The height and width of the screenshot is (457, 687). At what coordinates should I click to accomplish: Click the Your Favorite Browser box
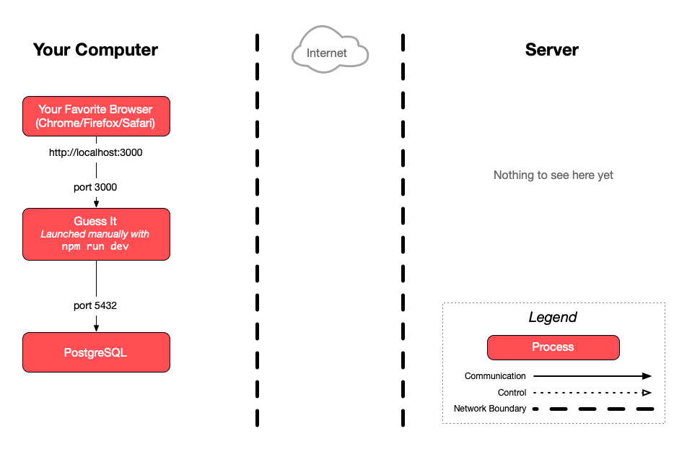tap(97, 116)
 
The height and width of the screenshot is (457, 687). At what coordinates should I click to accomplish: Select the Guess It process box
tap(97, 234)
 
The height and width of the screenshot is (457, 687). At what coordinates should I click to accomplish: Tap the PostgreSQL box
tap(97, 352)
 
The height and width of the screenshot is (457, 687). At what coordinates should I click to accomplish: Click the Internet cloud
tap(330, 50)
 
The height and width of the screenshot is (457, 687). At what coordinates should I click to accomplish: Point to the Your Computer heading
tap(95, 50)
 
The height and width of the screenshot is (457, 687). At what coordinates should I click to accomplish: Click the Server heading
tap(551, 50)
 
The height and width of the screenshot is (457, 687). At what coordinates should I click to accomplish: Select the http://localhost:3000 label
tap(95, 152)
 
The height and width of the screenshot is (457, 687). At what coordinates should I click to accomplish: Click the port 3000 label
tap(95, 187)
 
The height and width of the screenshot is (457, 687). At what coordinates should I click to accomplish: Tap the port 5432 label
tap(95, 305)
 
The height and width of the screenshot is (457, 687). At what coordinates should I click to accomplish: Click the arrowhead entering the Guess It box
tap(97, 204)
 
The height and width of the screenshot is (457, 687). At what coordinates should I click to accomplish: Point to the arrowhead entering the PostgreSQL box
tap(97, 328)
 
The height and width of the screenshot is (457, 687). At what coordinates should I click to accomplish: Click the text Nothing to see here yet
tap(553, 175)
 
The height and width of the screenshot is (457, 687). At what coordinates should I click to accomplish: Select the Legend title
tap(553, 317)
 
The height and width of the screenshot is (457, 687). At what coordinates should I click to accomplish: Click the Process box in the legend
tap(553, 347)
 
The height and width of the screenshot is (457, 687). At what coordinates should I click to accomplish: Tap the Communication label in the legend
tap(495, 376)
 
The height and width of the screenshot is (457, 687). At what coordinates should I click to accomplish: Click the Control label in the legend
tap(512, 393)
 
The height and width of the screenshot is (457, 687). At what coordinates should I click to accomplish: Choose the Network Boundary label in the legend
tap(490, 409)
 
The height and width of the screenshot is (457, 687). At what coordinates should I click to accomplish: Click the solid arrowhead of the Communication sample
tap(647, 376)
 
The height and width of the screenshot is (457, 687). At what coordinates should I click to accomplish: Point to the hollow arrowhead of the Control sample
tap(647, 393)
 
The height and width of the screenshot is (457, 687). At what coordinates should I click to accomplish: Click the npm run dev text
tap(95, 246)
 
